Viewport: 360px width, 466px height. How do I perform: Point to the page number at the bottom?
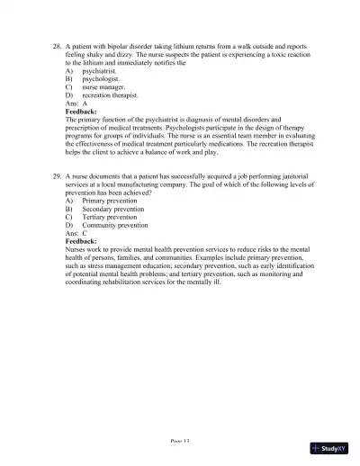click(x=180, y=444)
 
